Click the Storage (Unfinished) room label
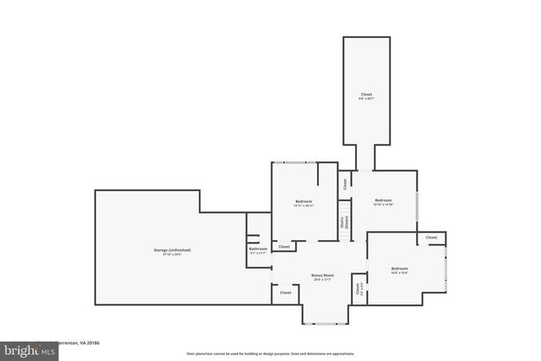[x=172, y=250]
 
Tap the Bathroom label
[x=258, y=249]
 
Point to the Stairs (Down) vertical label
[x=345, y=223]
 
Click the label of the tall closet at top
[x=366, y=95]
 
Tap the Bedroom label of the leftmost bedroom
[x=303, y=201]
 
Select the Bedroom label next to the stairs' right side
[x=383, y=200]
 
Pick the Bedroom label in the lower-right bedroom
[x=399, y=268]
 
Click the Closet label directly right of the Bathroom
[x=285, y=246]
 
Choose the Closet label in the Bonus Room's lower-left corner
[x=286, y=293]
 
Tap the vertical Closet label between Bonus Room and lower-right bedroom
[x=359, y=288]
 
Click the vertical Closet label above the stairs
[x=345, y=182]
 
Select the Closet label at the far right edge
[x=432, y=238]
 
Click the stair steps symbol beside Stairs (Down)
[x=344, y=209]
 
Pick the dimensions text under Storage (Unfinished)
[x=172, y=255]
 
